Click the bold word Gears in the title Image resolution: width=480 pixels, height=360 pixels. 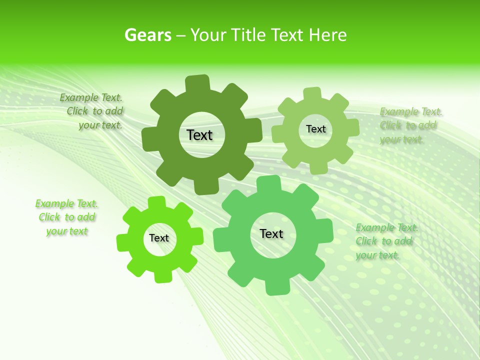[147, 35]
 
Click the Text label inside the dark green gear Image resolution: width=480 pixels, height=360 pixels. [199, 135]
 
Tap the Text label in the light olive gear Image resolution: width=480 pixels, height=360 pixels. [315, 129]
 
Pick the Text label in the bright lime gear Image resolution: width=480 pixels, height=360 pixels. [159, 238]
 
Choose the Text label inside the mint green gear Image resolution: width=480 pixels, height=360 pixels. [271, 233]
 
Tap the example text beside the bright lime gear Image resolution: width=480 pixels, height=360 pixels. [67, 217]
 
